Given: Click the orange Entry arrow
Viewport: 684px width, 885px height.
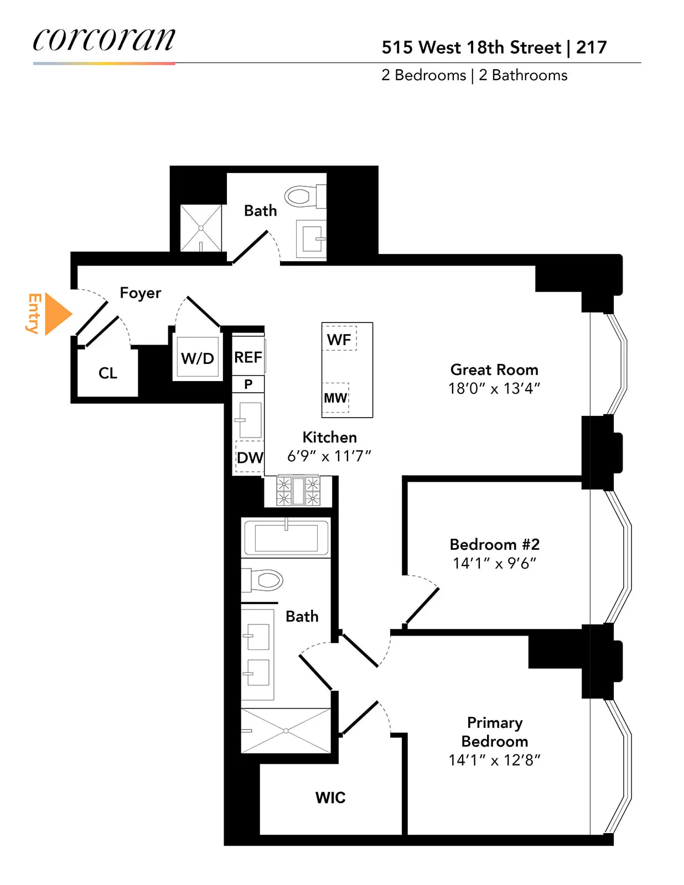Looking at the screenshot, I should point(57,314).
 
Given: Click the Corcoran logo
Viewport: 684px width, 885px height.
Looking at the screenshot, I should point(104,40).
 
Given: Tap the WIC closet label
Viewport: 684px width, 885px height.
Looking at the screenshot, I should point(330,798).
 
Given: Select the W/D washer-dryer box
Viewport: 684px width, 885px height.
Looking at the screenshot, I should point(198,358).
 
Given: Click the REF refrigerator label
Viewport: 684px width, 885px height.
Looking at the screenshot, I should point(247,357).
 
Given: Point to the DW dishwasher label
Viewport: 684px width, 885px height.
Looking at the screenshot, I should point(250,457).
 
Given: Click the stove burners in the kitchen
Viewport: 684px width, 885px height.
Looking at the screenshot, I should point(298,491).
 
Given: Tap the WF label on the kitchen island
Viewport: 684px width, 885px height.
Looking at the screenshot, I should point(339,340).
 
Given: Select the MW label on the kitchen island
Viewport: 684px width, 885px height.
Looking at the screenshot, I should point(335,398).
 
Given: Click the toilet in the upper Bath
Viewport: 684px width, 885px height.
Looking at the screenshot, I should point(303,196).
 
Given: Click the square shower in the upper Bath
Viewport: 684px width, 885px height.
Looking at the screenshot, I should point(201,228).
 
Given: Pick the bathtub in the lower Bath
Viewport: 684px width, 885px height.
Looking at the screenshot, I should point(286,538).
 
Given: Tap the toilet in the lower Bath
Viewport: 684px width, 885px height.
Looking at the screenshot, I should point(264,580).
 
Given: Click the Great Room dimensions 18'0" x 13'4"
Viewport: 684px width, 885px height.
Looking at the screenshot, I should point(494,388).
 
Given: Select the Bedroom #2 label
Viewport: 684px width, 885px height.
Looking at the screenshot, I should point(494,544).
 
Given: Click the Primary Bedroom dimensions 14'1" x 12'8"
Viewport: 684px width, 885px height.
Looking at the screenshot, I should point(494,760).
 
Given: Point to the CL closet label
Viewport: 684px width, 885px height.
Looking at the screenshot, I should point(108,373).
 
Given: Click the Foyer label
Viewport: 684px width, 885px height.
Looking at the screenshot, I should point(141,293).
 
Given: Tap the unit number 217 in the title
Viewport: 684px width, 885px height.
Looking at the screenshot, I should point(591,48).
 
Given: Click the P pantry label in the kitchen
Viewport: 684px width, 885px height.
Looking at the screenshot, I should point(248,384).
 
